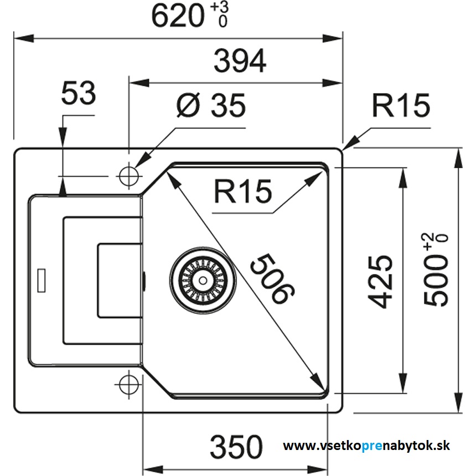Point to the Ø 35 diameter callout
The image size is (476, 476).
[x=210, y=105]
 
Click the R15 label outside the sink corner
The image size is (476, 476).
[x=400, y=106]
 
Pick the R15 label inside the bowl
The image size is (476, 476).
[x=243, y=192]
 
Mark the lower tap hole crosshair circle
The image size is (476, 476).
[x=128, y=382]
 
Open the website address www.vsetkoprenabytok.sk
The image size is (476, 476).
[x=366, y=446]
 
